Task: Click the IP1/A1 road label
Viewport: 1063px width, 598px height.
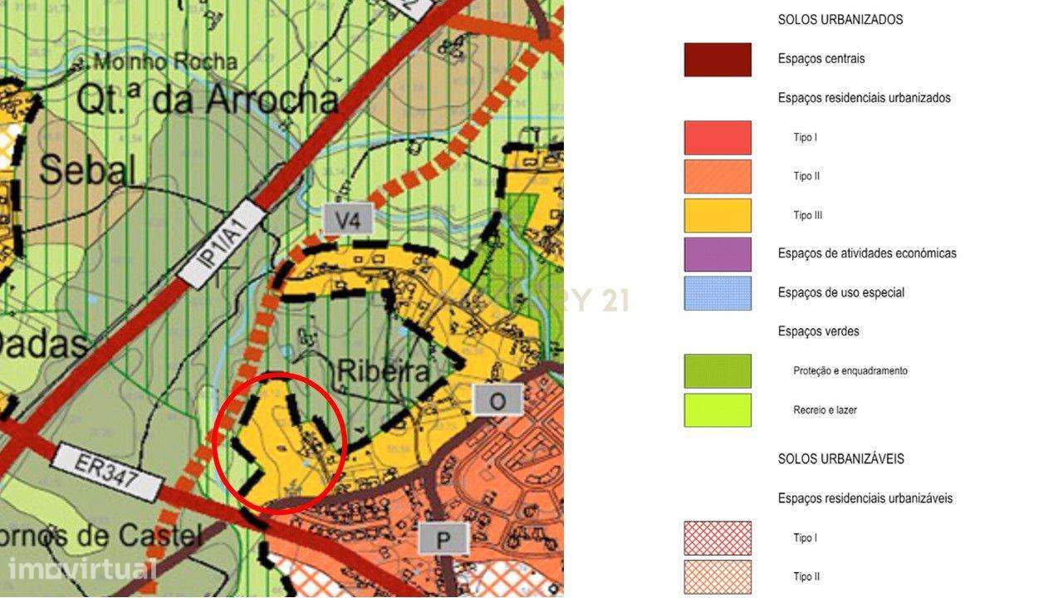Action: click(x=222, y=244)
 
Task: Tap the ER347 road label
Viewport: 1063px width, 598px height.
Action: click(x=105, y=471)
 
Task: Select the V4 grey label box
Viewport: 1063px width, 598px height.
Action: click(x=347, y=220)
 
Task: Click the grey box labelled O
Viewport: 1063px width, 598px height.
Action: click(x=497, y=401)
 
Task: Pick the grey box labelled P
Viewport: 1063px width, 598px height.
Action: click(x=443, y=540)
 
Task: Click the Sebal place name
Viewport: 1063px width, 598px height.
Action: click(x=86, y=170)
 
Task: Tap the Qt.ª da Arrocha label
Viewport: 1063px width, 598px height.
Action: click(x=207, y=100)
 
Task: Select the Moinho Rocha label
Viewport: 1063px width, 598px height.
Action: click(x=164, y=61)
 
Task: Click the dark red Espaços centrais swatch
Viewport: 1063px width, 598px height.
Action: click(x=718, y=60)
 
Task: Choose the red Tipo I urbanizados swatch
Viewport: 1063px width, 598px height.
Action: click(x=718, y=138)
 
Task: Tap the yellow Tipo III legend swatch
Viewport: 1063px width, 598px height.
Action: click(x=718, y=216)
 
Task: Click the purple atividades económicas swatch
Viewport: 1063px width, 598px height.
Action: click(x=718, y=254)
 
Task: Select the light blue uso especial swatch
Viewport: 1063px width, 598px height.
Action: click(x=718, y=293)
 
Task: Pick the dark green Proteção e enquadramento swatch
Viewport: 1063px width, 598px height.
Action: click(x=718, y=371)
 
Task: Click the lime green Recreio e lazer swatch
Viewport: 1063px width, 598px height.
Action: click(x=718, y=410)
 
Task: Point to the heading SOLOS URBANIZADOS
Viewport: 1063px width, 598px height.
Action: click(x=840, y=20)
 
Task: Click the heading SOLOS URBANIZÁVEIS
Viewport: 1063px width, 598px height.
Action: click(x=840, y=458)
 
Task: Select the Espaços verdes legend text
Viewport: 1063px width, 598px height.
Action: click(x=818, y=331)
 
